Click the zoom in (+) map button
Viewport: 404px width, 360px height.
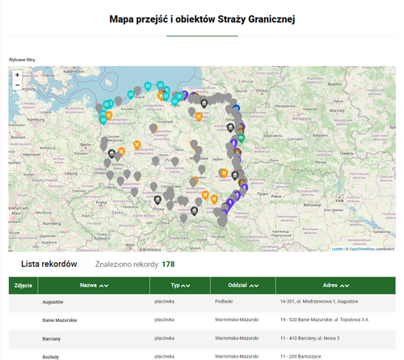coord(17,74)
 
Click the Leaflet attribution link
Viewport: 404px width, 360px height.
coord(336,249)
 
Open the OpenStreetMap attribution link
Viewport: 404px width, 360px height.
coord(360,249)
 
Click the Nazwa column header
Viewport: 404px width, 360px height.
coord(93,286)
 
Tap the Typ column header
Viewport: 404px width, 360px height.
coord(179,286)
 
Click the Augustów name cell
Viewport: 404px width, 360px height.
coord(53,302)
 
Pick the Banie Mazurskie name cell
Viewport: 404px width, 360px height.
coord(60,320)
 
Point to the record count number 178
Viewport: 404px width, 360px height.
coord(168,265)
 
